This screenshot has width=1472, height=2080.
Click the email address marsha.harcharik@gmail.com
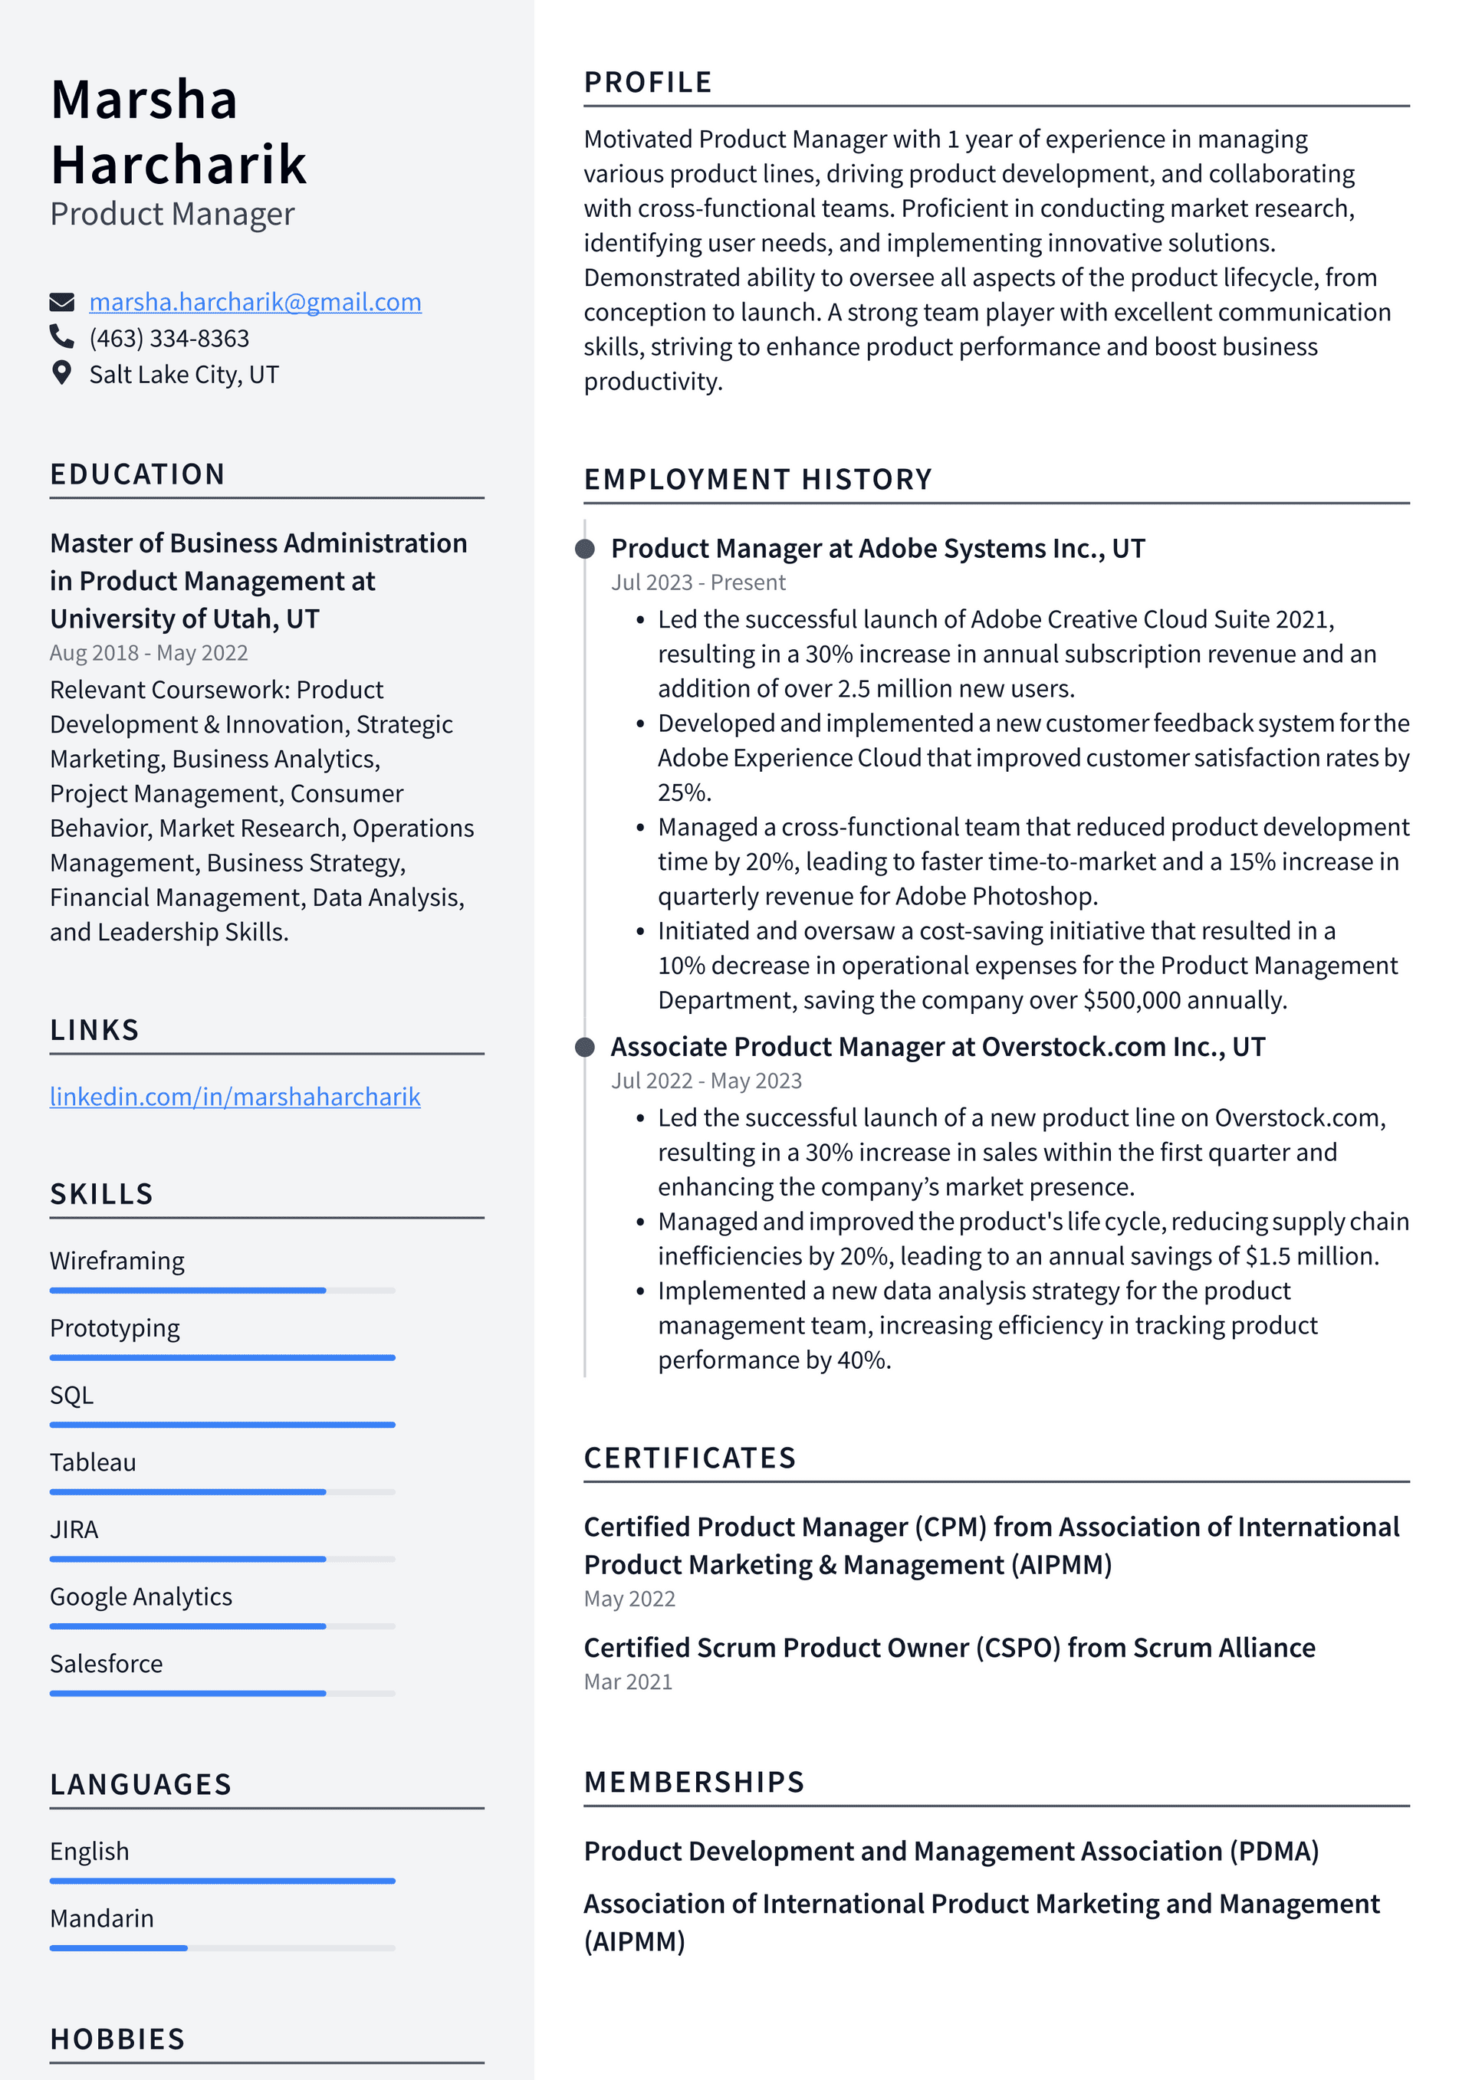tap(255, 302)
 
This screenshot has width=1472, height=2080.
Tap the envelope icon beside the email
tap(61, 302)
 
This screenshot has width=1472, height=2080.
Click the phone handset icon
tap(61, 337)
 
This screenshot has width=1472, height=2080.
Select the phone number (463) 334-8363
tap(169, 338)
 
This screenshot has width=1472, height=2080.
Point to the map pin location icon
tap(61, 373)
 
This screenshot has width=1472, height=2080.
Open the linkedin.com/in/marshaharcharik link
tap(235, 1096)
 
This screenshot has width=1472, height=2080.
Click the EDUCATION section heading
tap(138, 474)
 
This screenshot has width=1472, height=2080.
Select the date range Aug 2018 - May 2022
tap(149, 652)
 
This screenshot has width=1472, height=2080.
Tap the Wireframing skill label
tap(117, 1260)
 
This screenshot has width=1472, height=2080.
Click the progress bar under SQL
tap(222, 1425)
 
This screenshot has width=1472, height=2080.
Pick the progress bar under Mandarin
tap(222, 1947)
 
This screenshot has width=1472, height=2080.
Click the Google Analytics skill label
tap(140, 1596)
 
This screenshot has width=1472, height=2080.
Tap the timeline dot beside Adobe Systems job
tap(586, 548)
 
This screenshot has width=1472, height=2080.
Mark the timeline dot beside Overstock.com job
tap(586, 1047)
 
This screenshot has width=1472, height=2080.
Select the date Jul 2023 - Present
tap(698, 582)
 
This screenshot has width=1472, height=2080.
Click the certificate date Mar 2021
tap(628, 1681)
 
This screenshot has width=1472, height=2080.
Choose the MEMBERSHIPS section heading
tap(695, 1782)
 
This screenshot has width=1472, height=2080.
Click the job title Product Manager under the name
tap(172, 214)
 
